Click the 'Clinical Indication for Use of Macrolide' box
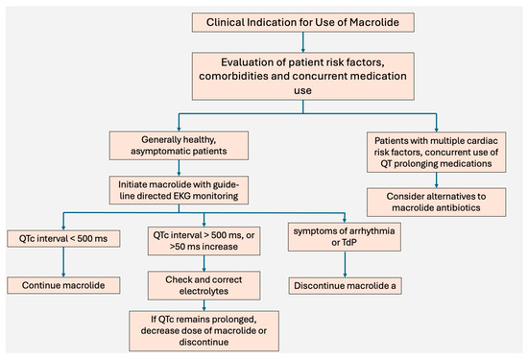click(303, 21)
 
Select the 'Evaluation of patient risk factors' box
click(303, 75)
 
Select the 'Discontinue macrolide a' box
click(348, 284)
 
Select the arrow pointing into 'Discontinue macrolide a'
click(348, 267)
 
